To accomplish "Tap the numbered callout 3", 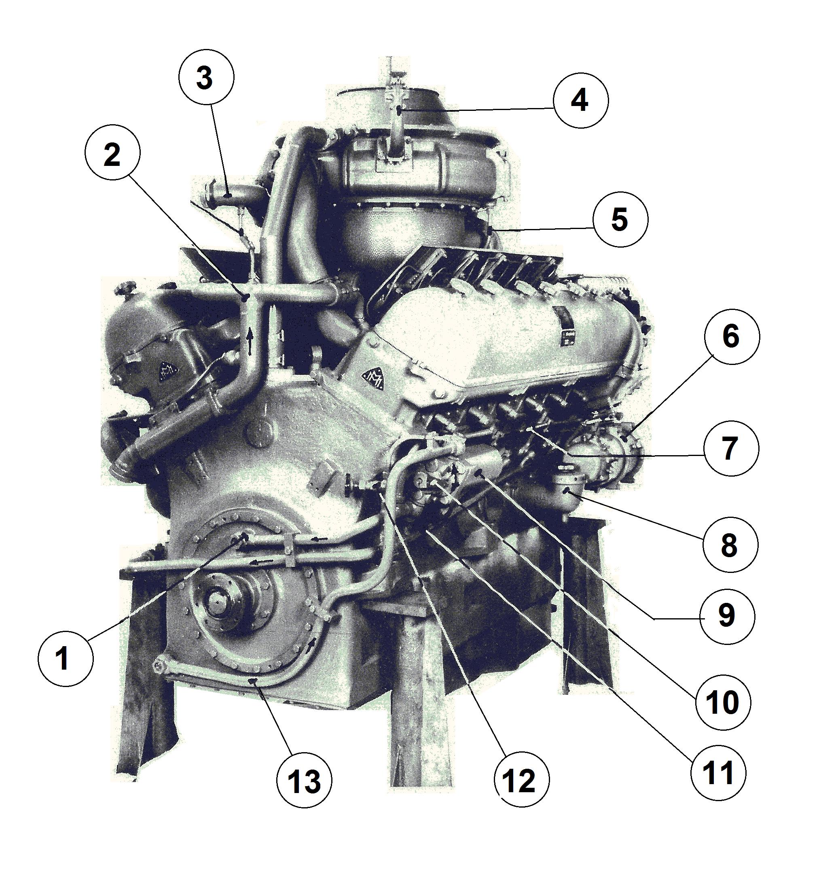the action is coord(206,77).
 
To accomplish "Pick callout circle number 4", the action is coord(580,100).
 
